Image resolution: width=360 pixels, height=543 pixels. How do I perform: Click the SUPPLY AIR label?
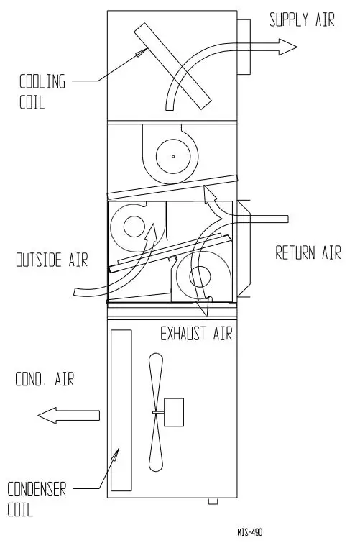pyautogui.click(x=302, y=19)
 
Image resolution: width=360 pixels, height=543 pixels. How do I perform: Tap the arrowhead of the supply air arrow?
pyautogui.click(x=289, y=47)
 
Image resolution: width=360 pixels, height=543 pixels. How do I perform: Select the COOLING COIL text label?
pyautogui.click(x=42, y=91)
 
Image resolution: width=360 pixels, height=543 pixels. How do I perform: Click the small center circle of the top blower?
pyautogui.click(x=172, y=155)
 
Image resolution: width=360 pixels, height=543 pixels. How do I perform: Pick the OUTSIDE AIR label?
pyautogui.click(x=52, y=260)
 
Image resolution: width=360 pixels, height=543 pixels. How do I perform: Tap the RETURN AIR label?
pyautogui.click(x=308, y=253)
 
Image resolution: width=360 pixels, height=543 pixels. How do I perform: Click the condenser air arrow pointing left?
pyautogui.click(x=68, y=414)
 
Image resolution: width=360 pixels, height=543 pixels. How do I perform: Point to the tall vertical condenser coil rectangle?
pyautogui.click(x=121, y=409)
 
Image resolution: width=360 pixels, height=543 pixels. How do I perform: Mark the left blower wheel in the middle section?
pyautogui.click(x=134, y=227)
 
